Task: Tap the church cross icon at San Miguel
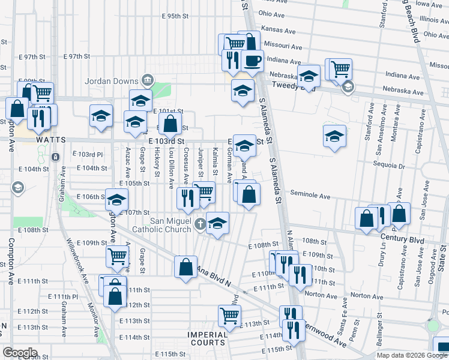click(201, 225)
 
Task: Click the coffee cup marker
click(253, 61)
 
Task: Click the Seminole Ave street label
click(310, 196)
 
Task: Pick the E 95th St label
click(166, 16)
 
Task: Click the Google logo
click(20, 353)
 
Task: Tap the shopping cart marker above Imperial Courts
click(230, 314)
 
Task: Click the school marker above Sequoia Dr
click(334, 136)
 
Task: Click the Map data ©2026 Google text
click(411, 355)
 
